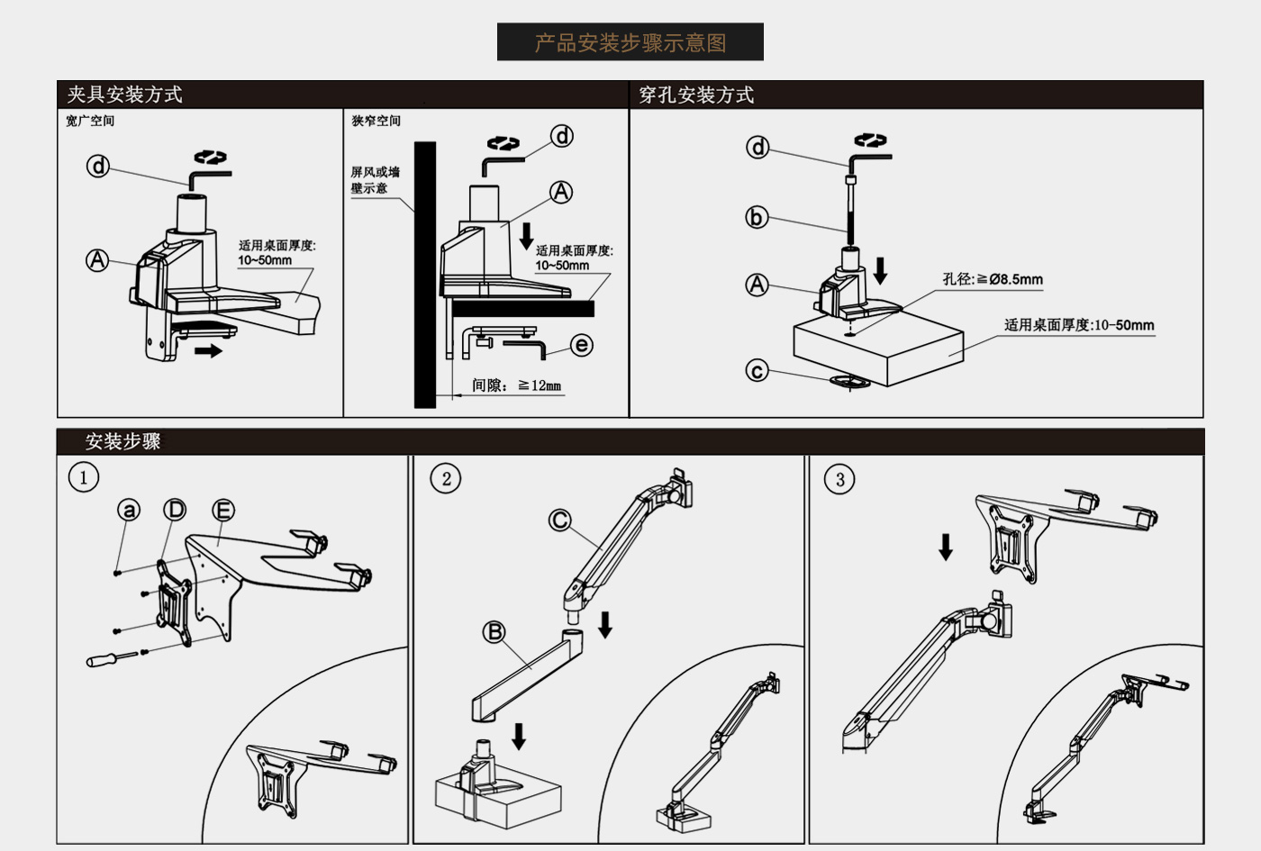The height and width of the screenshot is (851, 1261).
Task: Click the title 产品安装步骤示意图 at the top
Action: [630, 43]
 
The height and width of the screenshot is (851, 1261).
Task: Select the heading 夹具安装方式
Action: [124, 95]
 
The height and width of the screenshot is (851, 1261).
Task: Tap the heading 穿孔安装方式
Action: [695, 95]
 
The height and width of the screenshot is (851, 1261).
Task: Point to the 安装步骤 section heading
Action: [122, 441]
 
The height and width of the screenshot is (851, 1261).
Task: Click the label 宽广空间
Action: [90, 121]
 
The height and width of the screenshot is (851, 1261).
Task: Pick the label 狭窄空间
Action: [376, 121]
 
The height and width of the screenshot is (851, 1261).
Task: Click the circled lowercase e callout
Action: [582, 345]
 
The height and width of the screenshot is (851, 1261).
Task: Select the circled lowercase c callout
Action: [757, 370]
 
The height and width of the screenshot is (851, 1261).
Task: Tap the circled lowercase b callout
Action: [757, 217]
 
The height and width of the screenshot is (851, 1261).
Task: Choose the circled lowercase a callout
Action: [129, 510]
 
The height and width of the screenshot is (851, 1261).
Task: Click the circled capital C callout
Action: [559, 521]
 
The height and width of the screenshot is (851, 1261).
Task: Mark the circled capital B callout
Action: [494, 631]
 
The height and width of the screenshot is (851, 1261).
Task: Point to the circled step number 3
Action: [839, 479]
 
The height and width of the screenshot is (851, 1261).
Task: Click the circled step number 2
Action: [445, 479]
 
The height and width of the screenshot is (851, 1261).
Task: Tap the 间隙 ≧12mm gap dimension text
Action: [516, 385]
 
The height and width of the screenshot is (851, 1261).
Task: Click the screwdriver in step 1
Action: [112, 658]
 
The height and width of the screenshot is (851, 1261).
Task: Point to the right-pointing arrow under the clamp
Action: [208, 351]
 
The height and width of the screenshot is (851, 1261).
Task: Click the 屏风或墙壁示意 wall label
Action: [375, 180]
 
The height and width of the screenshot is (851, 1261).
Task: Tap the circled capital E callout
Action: [223, 510]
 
